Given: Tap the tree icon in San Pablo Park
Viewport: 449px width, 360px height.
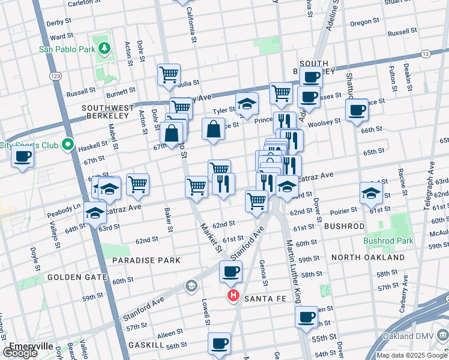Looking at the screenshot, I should pyautogui.click(x=105, y=48).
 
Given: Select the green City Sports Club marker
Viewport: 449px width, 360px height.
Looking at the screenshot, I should pyautogui.click(x=68, y=145).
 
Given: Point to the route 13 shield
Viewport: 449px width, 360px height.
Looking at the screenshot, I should pyautogui.click(x=426, y=55).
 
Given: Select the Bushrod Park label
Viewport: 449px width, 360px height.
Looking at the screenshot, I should pyautogui.click(x=388, y=241).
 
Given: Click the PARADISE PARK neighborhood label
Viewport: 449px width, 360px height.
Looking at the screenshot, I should pyautogui.click(x=146, y=260).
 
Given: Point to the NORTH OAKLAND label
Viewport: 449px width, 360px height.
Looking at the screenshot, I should pyautogui.click(x=368, y=257).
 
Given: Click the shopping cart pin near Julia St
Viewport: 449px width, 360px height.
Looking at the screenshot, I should pyautogui.click(x=169, y=76).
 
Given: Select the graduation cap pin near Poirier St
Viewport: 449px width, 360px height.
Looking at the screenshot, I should pyautogui.click(x=371, y=193).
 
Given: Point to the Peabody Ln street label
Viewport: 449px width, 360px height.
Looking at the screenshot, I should pyautogui.click(x=64, y=208).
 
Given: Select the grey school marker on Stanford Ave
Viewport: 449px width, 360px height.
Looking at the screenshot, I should pyautogui.click(x=191, y=285).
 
